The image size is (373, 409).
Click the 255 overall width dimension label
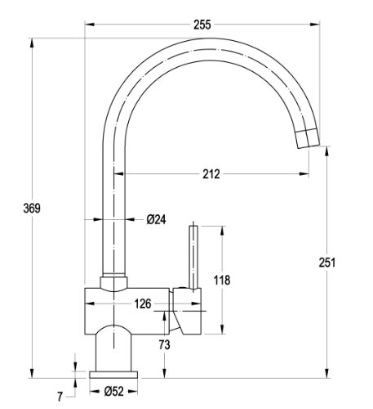point(202,25)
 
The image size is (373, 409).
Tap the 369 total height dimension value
point(32,209)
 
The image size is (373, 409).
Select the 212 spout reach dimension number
point(211,174)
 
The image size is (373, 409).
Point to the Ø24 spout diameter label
point(156,219)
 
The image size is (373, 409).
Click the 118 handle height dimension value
point(222,280)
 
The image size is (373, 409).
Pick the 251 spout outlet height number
point(327,263)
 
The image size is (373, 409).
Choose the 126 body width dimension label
point(143,303)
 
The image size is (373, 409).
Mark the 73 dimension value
point(164,345)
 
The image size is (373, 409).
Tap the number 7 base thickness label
point(60,397)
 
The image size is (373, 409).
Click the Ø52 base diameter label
point(113,392)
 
